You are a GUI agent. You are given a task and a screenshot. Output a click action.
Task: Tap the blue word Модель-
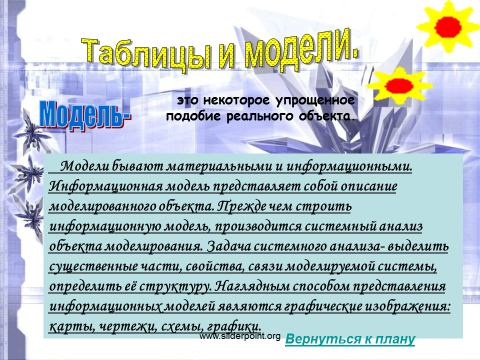coord(85,115)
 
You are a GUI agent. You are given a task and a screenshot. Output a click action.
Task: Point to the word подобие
coord(193,116)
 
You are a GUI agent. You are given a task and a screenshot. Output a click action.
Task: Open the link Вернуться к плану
coord(350,339)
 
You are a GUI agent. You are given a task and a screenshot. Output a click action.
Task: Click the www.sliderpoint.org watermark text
coord(240,336)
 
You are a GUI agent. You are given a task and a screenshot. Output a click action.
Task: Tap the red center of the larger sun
coord(447,27)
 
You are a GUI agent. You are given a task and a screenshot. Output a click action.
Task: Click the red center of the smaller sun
coord(399,85)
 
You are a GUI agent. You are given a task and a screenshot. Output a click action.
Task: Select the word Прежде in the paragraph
coord(241,206)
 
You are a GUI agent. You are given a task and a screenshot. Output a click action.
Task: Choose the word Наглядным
coord(252,286)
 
